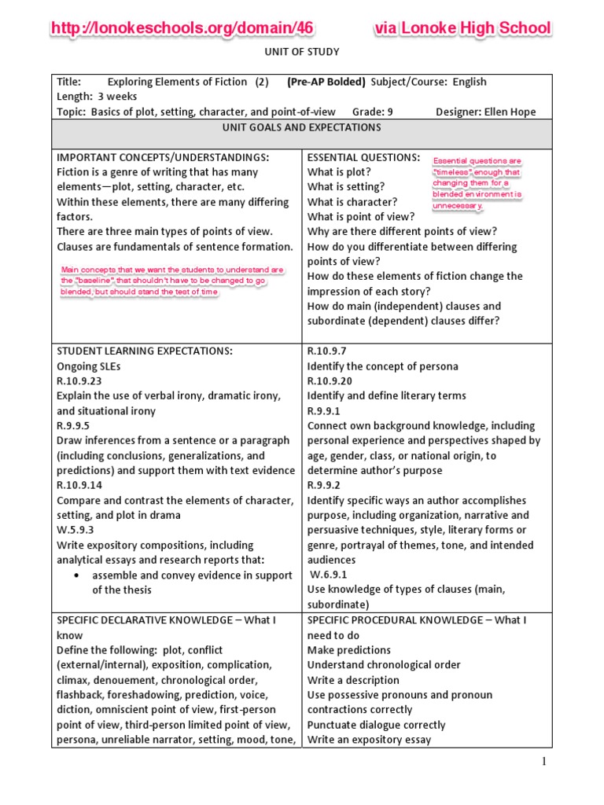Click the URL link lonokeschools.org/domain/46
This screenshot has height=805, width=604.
182,29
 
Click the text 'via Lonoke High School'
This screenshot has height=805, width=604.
462,29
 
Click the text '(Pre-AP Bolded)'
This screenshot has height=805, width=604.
326,82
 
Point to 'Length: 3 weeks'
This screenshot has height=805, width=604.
97,97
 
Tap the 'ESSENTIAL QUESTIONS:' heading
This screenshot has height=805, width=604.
363,157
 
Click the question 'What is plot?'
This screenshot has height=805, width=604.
339,172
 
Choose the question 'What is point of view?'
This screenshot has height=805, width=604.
360,217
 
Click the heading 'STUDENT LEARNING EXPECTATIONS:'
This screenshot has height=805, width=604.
144,351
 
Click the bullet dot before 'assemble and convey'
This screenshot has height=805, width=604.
75,575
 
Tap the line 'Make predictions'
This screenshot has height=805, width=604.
349,650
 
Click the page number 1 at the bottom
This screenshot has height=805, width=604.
543,761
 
